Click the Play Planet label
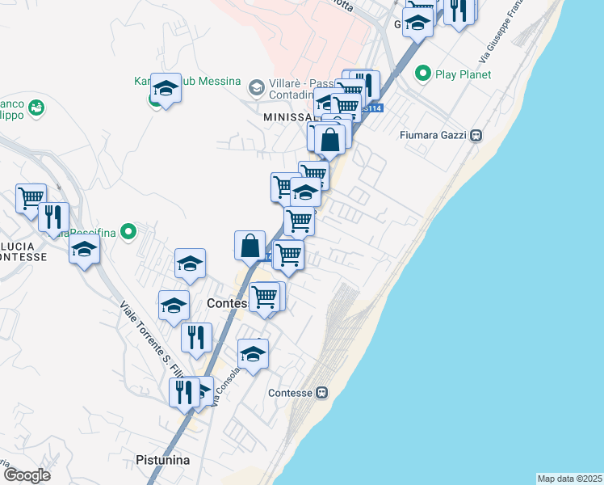463,74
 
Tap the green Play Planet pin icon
422,74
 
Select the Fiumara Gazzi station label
434,135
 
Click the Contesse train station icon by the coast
321,393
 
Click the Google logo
26,475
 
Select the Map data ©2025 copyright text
569,479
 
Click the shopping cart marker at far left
31,197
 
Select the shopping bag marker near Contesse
250,244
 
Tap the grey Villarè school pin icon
256,86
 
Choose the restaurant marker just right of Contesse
196,338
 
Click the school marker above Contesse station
254,354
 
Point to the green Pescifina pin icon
127,232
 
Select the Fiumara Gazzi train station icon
476,135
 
